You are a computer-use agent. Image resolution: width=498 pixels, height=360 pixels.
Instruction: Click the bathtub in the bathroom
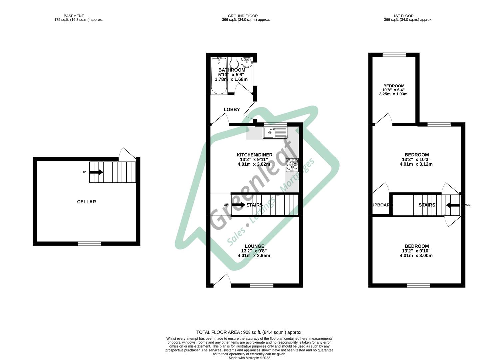pos(219,76)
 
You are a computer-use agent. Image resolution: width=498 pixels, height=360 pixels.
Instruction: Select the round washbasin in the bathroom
pos(247,62)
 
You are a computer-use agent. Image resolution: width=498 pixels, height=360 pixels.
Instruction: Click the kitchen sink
pos(275,133)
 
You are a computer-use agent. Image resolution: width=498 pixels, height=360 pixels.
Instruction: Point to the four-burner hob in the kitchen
pos(292,165)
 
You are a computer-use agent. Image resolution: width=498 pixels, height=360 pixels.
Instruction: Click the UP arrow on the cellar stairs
pos(96,172)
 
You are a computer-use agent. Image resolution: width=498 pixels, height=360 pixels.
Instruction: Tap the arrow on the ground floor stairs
pos(238,205)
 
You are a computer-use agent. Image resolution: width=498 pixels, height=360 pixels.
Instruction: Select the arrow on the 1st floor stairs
pos(452,205)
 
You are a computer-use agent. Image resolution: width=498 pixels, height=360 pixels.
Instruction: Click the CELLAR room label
pos(86,202)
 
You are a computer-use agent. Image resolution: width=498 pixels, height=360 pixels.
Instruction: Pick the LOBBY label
pos(232,109)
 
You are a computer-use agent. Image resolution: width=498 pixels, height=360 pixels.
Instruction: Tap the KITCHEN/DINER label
pos(254,155)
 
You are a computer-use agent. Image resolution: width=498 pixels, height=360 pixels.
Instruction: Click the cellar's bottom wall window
pos(89,244)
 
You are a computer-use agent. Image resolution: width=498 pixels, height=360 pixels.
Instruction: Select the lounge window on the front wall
pos(262,285)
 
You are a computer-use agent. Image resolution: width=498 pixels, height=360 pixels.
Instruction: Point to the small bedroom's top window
pos(394,55)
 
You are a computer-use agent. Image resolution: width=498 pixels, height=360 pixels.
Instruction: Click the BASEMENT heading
pos(74,16)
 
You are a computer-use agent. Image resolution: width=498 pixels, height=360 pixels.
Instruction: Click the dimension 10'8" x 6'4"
pos(393,90)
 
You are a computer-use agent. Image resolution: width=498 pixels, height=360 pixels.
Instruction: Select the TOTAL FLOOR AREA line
pos(249,332)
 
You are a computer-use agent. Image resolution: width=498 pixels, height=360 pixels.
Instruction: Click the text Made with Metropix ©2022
pos(249,358)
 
